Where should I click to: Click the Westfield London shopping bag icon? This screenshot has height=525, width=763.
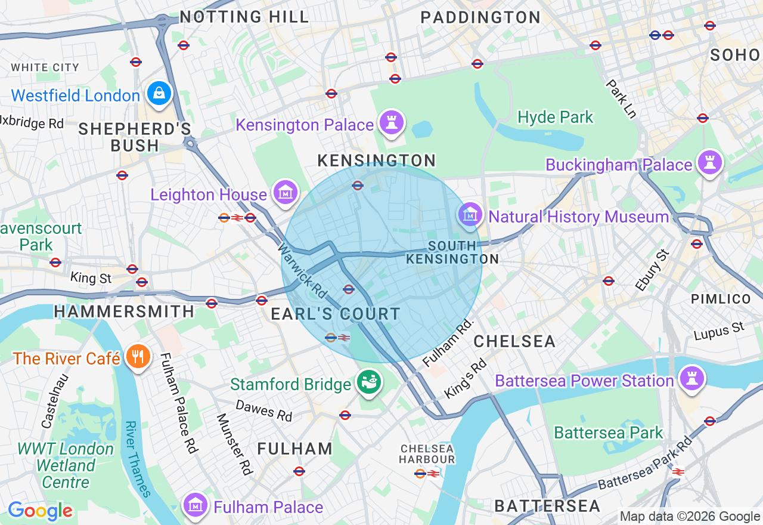pyautogui.click(x=159, y=94)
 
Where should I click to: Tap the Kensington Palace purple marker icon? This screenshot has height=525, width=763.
pyautogui.click(x=392, y=123)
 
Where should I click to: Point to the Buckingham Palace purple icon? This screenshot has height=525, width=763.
pyautogui.click(x=709, y=162)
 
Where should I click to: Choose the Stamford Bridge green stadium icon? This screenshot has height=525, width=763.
pyautogui.click(x=368, y=382)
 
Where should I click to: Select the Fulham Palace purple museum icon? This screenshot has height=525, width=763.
pyautogui.click(x=194, y=506)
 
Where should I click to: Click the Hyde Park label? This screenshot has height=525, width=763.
pyautogui.click(x=556, y=118)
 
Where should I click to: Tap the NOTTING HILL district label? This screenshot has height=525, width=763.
pyautogui.click(x=244, y=17)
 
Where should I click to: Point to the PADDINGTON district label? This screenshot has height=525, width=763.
pyautogui.click(x=480, y=17)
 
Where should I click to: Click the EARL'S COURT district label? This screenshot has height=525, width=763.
pyautogui.click(x=336, y=314)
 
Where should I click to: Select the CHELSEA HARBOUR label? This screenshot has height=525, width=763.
pyautogui.click(x=427, y=453)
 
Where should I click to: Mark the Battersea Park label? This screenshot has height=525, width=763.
pyautogui.click(x=609, y=433)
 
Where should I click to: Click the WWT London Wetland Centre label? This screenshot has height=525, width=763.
pyautogui.click(x=66, y=465)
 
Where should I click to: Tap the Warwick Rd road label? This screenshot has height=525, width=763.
pyautogui.click(x=302, y=272)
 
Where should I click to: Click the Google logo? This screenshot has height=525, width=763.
pyautogui.click(x=41, y=511)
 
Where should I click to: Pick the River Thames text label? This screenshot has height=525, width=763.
pyautogui.click(x=138, y=459)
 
